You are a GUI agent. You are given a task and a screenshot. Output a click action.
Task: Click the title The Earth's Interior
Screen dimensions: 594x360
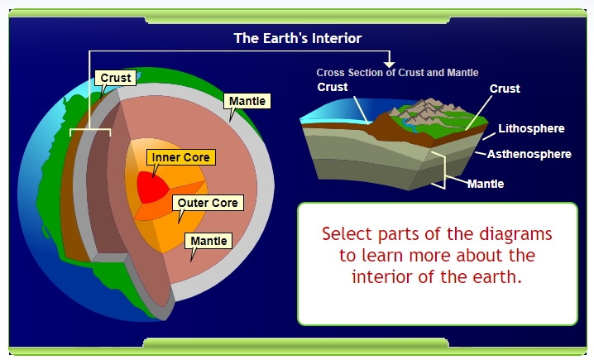(x=297, y=38)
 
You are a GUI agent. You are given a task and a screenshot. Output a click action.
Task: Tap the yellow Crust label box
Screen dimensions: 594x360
(x=115, y=79)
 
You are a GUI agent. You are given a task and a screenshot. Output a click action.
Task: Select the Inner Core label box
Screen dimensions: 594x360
(x=180, y=156)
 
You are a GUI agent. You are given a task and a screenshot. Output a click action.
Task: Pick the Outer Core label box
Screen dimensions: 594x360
(x=207, y=203)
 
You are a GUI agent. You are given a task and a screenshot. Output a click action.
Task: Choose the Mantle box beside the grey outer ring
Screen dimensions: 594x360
(x=247, y=102)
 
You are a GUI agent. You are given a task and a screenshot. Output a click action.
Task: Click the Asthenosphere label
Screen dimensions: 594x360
(x=529, y=154)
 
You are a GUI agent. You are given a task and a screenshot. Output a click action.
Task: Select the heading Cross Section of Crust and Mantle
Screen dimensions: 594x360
(x=397, y=73)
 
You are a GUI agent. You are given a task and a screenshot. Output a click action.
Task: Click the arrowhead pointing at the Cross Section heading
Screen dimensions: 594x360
(x=390, y=64)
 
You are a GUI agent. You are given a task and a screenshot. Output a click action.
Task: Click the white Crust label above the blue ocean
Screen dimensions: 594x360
(x=333, y=88)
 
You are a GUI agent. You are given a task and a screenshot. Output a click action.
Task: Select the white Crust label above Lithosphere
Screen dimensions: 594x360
(x=505, y=89)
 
